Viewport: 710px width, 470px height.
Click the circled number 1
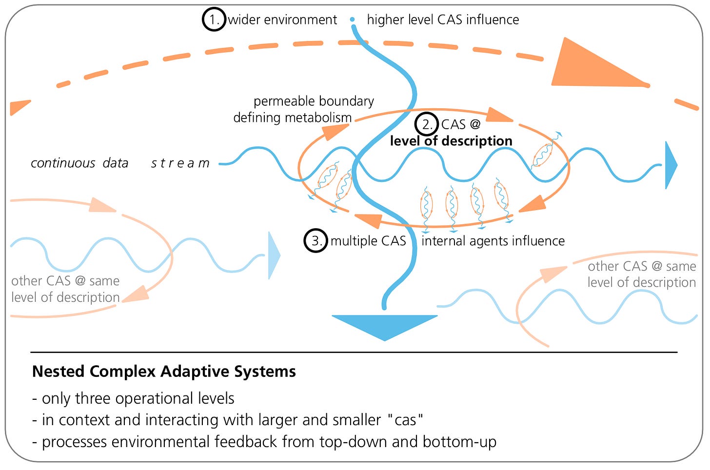(x=214, y=20)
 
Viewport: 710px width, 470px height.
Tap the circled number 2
(x=427, y=124)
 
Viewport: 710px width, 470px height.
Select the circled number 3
(x=316, y=241)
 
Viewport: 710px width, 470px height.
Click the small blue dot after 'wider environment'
(x=352, y=20)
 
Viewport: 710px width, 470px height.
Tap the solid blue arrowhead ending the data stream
(x=671, y=165)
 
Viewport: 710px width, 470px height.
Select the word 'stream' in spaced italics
(x=180, y=163)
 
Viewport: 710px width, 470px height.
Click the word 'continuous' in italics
(x=63, y=163)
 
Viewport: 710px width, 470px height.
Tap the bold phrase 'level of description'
(x=451, y=141)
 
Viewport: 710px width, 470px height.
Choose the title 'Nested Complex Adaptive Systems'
(x=164, y=372)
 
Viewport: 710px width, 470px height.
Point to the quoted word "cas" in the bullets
(x=405, y=420)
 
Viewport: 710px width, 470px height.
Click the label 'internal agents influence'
(x=493, y=241)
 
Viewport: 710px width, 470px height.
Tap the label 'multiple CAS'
(x=368, y=241)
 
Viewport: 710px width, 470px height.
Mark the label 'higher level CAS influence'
(x=443, y=20)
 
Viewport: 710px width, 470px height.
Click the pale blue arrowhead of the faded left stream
(x=274, y=256)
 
